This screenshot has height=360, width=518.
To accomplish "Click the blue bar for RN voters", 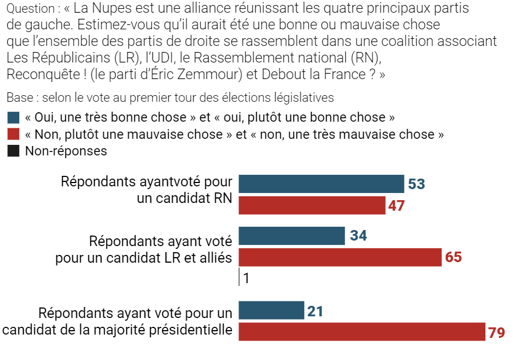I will coord(321,184).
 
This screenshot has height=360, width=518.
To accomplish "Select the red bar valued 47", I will coord(312,205).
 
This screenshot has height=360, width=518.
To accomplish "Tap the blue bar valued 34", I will coord(291,236).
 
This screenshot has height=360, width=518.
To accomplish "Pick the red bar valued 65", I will coord(340,257).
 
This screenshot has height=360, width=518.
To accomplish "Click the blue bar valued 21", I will coord(271,310).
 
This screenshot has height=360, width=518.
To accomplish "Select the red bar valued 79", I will coord(362,332).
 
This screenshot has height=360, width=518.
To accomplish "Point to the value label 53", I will coord(416,184).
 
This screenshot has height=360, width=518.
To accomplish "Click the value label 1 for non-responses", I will coord(246,278).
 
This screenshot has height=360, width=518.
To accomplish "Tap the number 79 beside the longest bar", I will coord(496,333).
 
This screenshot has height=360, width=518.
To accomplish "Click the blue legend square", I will coord(13,118).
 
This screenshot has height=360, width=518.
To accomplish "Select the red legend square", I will coord(13,134).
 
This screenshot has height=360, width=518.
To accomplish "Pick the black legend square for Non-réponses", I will coord(13,151).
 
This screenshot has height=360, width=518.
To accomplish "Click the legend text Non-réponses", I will coord(66,151).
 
